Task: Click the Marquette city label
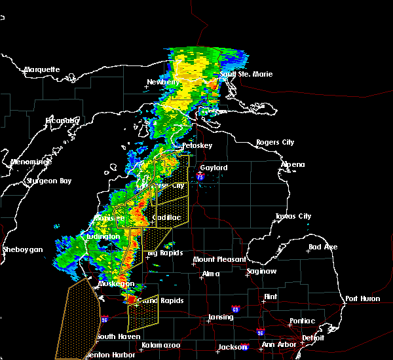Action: pos(42,69)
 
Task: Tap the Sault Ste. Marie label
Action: pos(246,74)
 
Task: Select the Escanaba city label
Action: pos(62,120)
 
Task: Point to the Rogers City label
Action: pos(275,142)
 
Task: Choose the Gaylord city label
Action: pos(214,168)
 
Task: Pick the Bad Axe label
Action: pos(322,247)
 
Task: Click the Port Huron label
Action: pos(360,298)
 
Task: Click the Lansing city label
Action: pos(220,317)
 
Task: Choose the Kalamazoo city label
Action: pos(160,344)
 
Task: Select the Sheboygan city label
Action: pos(22,249)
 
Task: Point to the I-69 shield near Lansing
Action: pos(234,308)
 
